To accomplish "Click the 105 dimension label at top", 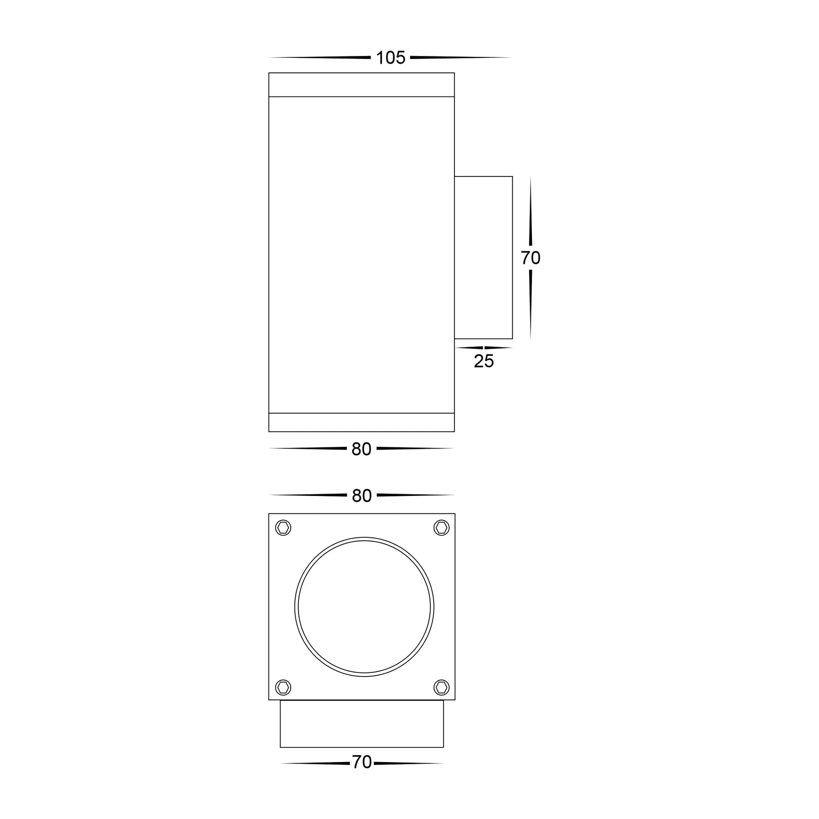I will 390,58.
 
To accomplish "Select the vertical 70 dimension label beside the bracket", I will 531,258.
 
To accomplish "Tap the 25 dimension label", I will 484,361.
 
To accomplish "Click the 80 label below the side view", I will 362,450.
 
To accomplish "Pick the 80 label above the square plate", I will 362,496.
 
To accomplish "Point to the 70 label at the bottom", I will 362,762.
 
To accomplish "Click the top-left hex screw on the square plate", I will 283,528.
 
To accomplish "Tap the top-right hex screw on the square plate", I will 441,528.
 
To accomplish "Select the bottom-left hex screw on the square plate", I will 283,687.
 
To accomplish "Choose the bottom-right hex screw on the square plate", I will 441,687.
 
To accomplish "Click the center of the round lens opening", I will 364,607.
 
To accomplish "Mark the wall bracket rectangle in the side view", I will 484,258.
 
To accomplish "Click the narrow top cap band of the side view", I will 362,85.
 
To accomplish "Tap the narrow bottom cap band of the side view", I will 362,422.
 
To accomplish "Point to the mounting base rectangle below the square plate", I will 362,723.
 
